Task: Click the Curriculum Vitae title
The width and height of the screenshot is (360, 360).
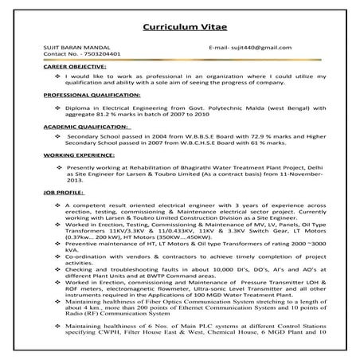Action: coord(179,26)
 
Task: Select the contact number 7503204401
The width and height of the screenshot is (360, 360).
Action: coord(80,55)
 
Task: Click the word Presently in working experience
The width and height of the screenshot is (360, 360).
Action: coord(85,169)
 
